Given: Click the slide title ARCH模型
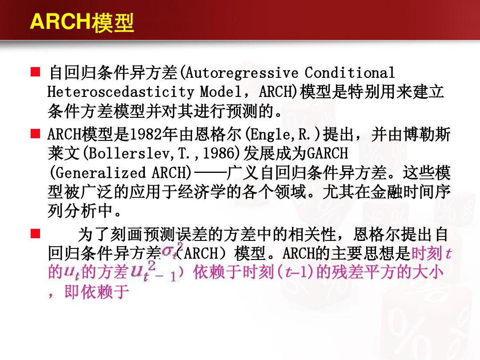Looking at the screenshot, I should coord(82,23).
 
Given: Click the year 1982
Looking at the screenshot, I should coord(144,134).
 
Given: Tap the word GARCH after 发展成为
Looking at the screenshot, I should coord(327,153).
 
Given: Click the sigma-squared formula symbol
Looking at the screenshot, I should coord(169,252).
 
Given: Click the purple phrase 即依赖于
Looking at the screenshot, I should coord(96,292).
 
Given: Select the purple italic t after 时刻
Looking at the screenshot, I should coord(448,253).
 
